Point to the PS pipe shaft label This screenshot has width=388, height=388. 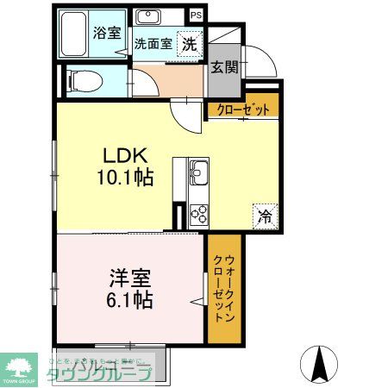(197, 15)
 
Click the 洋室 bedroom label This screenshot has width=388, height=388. (130, 279)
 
